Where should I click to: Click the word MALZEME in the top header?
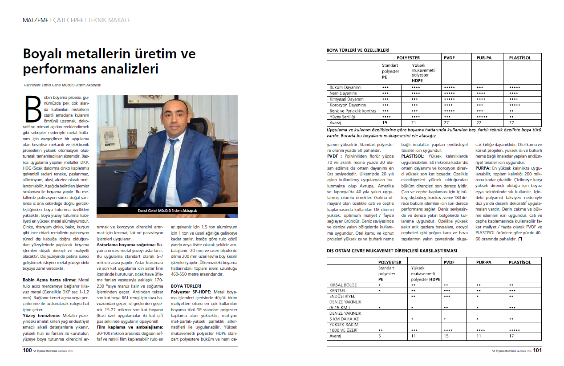tap(36, 20)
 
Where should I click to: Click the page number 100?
tap(27, 350)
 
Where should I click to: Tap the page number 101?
tap(537, 350)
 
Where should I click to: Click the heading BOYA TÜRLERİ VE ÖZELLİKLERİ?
tap(358, 51)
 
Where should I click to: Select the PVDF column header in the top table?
tap(449, 57)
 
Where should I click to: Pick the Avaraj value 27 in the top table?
tap(446, 122)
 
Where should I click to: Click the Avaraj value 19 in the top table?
tap(385, 122)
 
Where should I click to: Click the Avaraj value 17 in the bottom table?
tap(512, 337)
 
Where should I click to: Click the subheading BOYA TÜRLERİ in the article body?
tap(186, 285)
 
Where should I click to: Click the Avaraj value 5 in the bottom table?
tap(380, 337)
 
